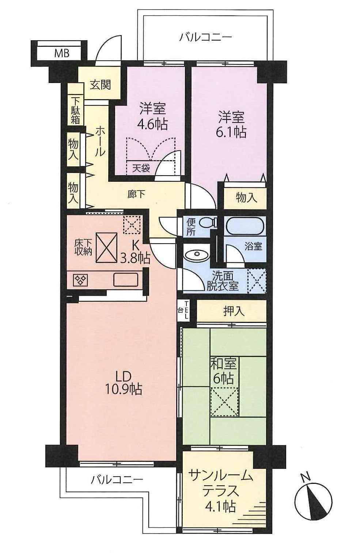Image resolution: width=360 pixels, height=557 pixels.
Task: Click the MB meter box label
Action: click(x=62, y=54)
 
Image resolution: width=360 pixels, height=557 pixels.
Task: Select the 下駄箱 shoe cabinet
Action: click(x=75, y=110)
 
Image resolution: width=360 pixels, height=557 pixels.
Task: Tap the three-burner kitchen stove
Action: click(x=82, y=280)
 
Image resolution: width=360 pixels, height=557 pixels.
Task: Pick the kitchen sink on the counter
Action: click(x=125, y=280)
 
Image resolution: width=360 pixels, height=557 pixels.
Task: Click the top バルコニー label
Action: click(x=206, y=37)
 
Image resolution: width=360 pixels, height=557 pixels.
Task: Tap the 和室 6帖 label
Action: click(x=223, y=370)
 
